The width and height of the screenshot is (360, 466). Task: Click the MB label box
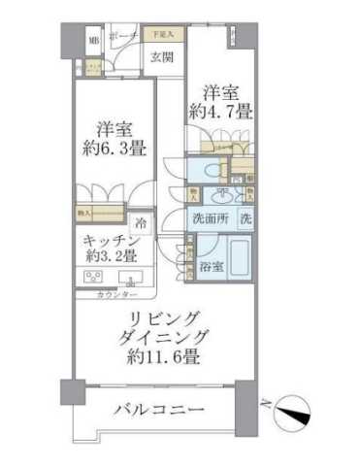(94, 40)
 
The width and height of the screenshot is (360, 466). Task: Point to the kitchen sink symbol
(127, 278)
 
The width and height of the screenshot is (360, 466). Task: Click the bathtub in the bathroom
(239, 261)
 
